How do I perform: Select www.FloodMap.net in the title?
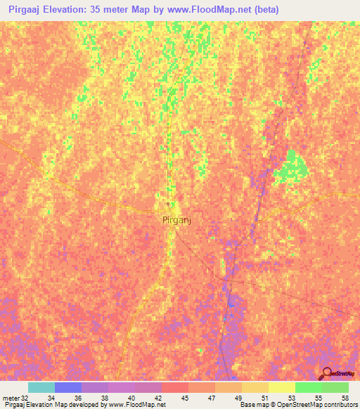point(212,10)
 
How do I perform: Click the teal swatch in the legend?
point(41,387)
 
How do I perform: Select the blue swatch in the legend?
point(67,387)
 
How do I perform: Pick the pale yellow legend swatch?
point(281,387)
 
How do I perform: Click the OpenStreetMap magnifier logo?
point(326,373)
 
